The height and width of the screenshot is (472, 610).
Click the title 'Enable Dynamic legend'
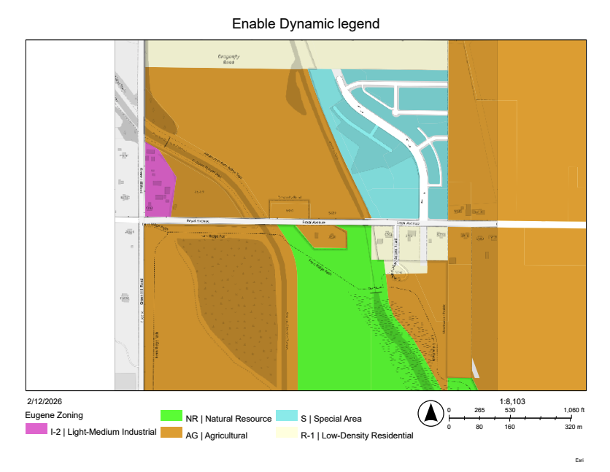tap(306, 23)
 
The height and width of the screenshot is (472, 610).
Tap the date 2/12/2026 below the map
tap(43, 402)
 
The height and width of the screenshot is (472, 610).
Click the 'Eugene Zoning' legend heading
tap(54, 415)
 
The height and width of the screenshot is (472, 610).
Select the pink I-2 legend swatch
tap(36, 429)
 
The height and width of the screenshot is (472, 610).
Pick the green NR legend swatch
tap(171, 416)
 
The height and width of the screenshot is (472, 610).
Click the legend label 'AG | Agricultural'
tap(217, 436)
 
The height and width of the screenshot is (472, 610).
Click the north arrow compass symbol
tap(431, 414)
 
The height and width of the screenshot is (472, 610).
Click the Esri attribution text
tap(579, 461)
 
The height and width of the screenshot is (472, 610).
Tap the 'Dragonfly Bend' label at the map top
tap(230, 58)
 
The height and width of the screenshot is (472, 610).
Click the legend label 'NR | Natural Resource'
tap(228, 419)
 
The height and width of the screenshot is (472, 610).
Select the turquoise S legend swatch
tap(287, 416)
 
